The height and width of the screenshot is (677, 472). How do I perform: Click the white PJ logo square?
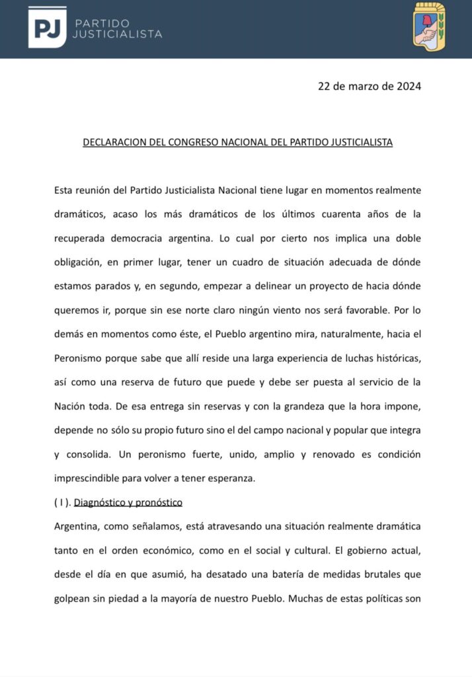(47, 27)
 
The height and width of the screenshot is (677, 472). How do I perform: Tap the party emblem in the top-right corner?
(429, 25)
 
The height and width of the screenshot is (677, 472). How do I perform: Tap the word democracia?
(142, 238)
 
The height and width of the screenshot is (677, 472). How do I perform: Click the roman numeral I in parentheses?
(60, 502)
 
